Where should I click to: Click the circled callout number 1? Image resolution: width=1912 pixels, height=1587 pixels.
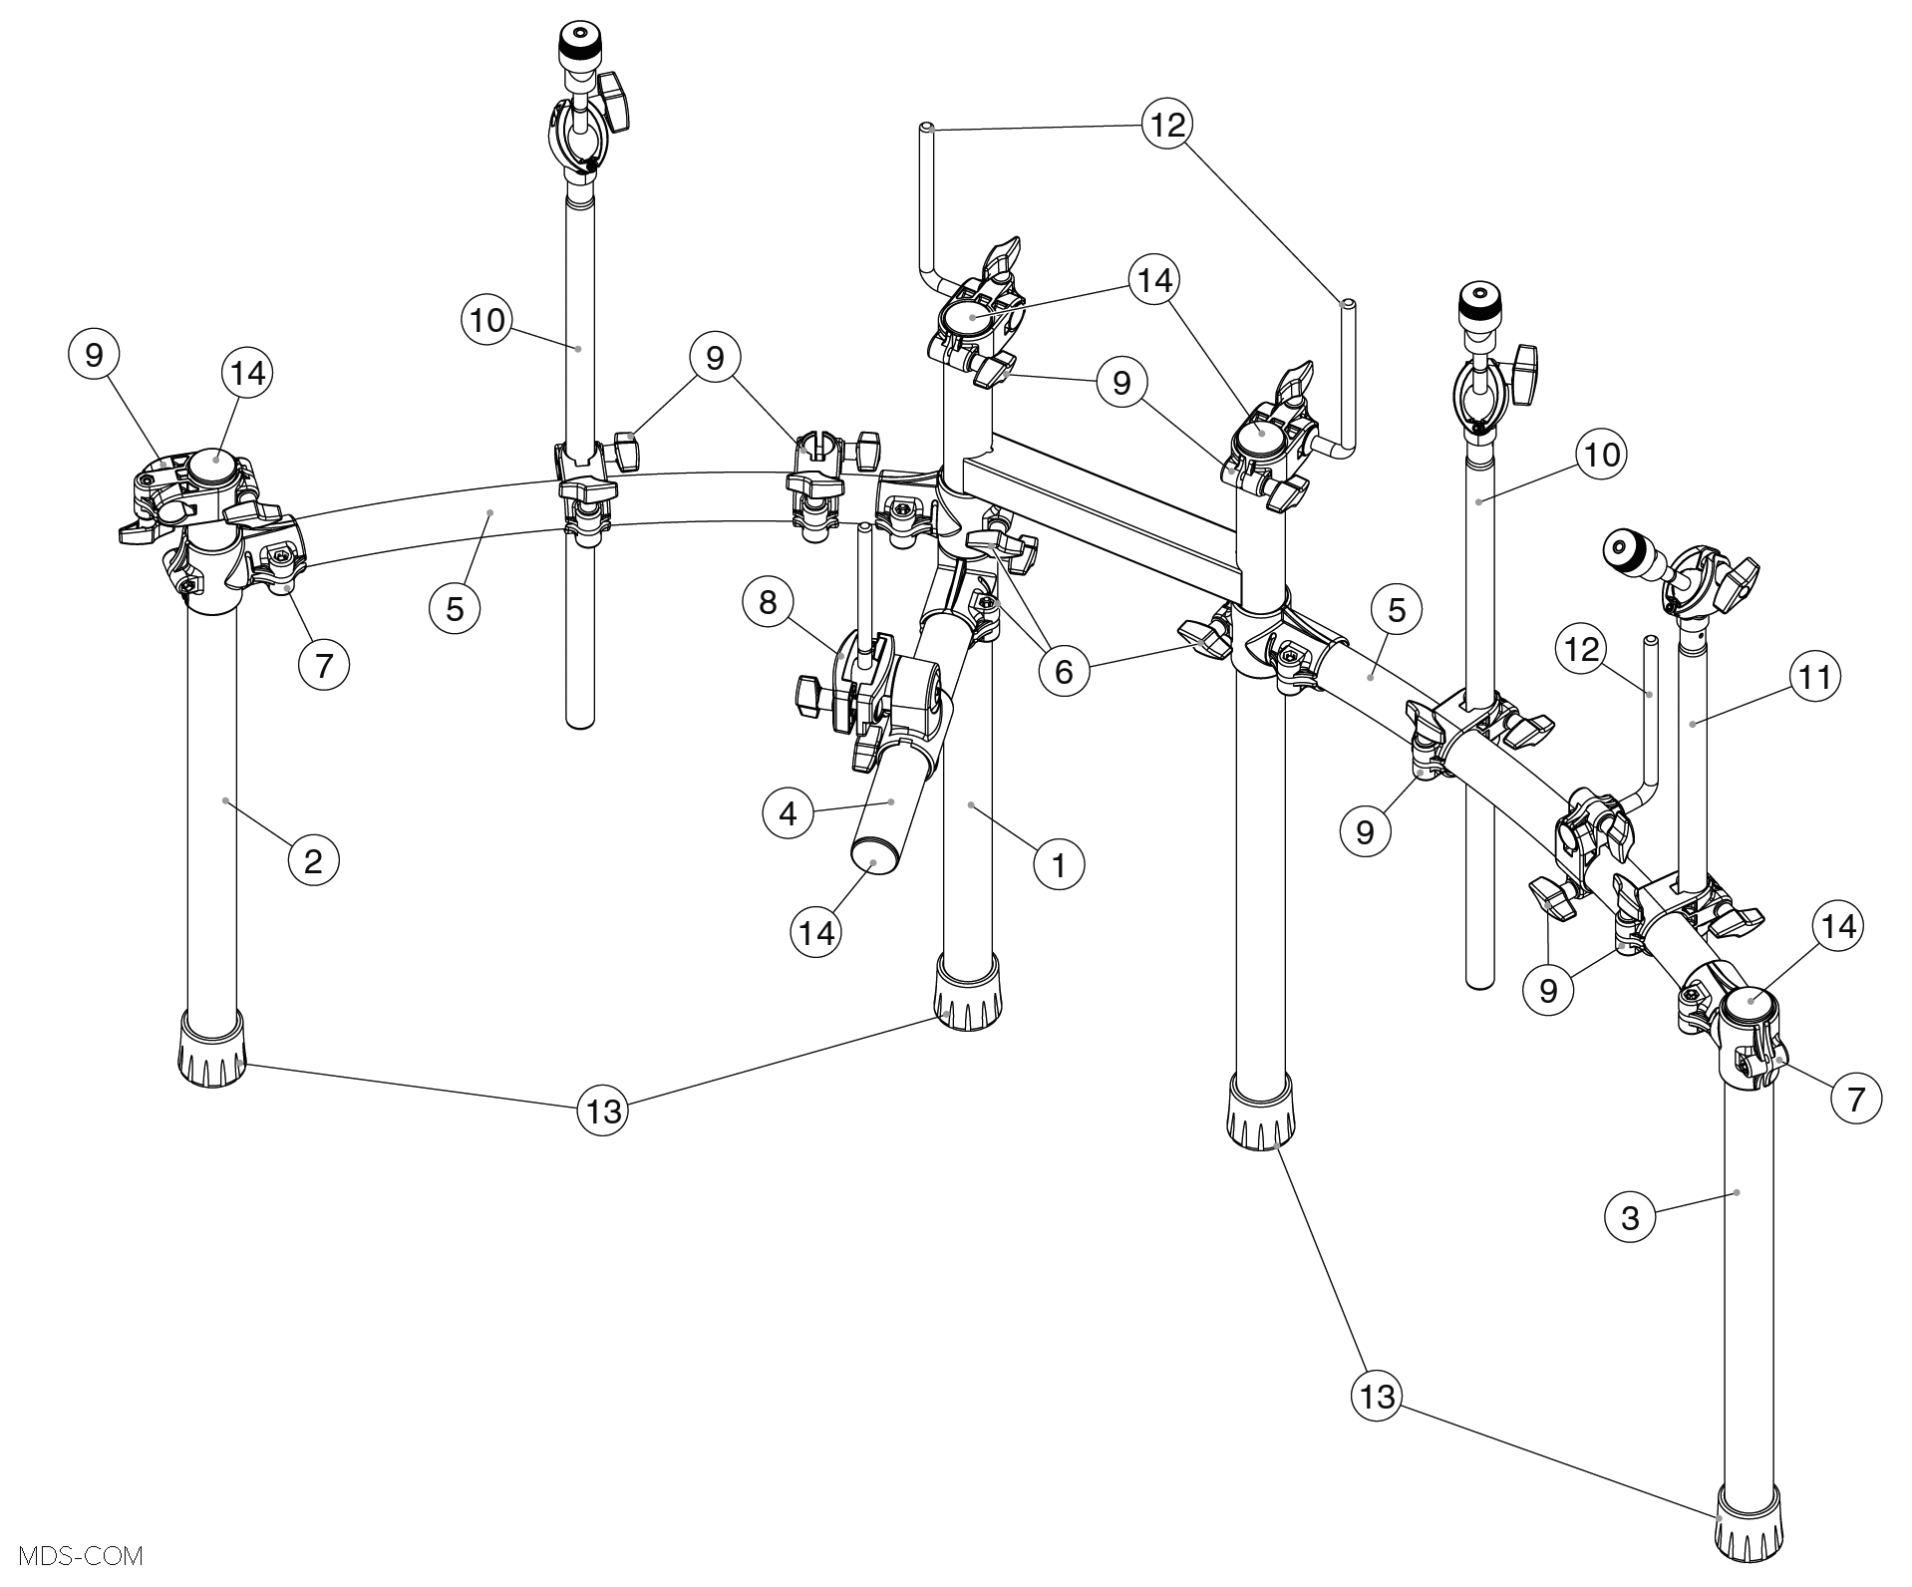tap(1059, 864)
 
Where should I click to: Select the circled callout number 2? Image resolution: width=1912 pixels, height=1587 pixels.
tap(313, 859)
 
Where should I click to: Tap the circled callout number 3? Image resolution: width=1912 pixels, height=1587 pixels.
tap(1631, 1217)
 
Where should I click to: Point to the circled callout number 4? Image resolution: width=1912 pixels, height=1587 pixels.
tap(789, 814)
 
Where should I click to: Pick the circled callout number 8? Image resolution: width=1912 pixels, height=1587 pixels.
tap(768, 602)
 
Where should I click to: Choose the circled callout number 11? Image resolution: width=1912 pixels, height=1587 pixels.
tap(1814, 677)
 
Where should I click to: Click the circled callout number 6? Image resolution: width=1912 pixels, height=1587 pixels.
tap(1064, 672)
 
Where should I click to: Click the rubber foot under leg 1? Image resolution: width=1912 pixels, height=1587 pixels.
tap(967, 993)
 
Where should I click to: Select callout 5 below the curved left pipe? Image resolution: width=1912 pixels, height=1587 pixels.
tap(455, 608)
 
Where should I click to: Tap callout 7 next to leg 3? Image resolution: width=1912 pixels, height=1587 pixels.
tap(1856, 1099)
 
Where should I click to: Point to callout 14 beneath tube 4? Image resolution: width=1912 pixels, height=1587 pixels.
tap(816, 932)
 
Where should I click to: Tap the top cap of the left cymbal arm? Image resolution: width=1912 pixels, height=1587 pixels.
tap(572, 43)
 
